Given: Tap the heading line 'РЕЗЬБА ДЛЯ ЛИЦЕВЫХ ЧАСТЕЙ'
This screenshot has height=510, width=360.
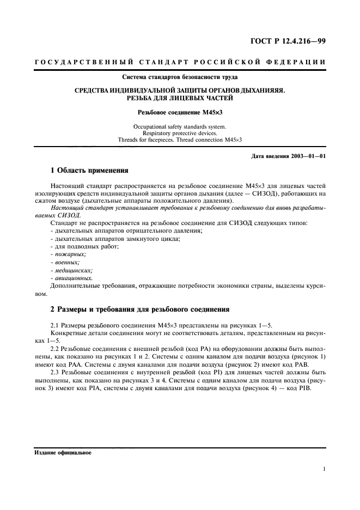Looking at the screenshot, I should click(180, 98).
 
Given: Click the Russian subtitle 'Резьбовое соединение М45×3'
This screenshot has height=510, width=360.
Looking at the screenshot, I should click(180, 113).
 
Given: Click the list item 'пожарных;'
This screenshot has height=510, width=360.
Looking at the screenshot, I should click(68, 254).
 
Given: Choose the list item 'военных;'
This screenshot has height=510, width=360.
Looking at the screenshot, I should click(66, 262).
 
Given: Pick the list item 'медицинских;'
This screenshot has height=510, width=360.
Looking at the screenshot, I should click(71, 270).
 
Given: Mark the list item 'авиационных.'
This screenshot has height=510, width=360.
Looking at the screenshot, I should click(71, 277).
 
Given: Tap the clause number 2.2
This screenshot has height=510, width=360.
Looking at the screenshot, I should click(54, 348).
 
